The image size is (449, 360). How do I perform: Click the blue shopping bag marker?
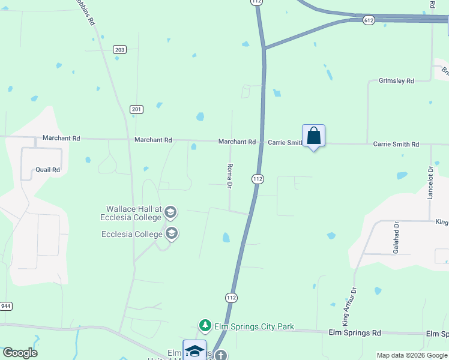pos(313,136)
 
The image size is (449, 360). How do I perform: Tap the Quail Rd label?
pos(47,170)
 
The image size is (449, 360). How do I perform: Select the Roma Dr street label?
pos(229,176)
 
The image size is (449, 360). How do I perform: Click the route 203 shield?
pos(120,49)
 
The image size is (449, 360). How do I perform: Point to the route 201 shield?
pos(136,109)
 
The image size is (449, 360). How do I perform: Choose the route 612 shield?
pos(369,20)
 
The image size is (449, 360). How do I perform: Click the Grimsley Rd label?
pos(396,80)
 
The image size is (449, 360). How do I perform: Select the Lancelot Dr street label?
pos(430,185)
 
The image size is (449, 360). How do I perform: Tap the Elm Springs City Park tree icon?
pos(205,326)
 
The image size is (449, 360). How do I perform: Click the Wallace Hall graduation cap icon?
pos(170,212)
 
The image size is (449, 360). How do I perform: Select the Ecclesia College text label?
pos(132,234)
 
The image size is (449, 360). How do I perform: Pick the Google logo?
pos(20,353)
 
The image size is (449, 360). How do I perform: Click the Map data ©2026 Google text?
pos(411,355)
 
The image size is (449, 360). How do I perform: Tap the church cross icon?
pos(220,355)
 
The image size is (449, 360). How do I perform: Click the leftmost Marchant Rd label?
pos(61,138)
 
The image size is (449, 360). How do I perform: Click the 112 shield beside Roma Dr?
pos(258,179)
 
